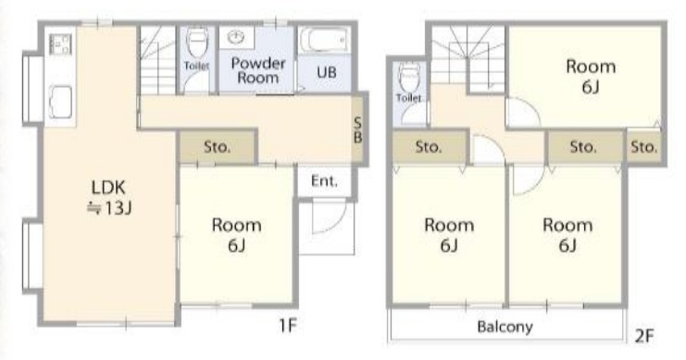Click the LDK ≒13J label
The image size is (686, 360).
pos(109,197)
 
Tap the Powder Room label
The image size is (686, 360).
pos(258,70)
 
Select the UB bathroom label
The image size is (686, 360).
pos(327,72)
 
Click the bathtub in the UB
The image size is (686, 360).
pos(324,41)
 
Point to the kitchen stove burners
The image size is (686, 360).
pos(60,44)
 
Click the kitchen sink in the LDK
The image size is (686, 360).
pos(60,103)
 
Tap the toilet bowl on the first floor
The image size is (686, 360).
pos(197,43)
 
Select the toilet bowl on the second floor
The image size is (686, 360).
pos(409,78)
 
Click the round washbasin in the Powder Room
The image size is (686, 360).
pos(237,37)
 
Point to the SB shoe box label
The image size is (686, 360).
pos(357,130)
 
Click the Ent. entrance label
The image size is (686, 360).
pos(324,180)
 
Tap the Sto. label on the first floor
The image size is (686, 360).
pos(217,147)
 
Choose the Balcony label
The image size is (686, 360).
pos(505,327)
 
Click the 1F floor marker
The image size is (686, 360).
pos(288,325)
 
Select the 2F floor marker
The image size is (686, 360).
pos(644,336)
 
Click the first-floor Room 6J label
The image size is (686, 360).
pos(236,235)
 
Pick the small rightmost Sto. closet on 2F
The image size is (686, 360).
pos(643,146)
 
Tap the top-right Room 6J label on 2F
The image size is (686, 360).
pos(591,77)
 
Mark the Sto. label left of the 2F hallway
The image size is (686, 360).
pos(429,147)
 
